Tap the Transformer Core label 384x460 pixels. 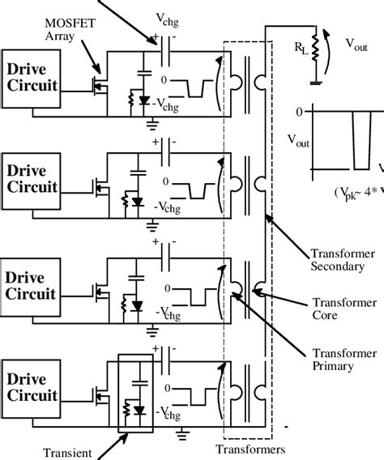point(328,305)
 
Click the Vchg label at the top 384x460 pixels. point(176,15)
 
